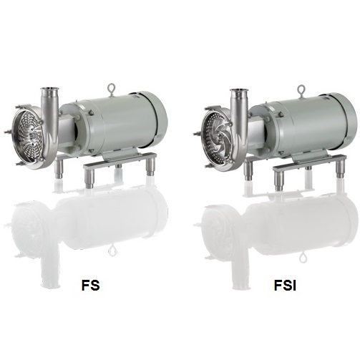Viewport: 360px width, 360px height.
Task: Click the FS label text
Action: (x=90, y=285)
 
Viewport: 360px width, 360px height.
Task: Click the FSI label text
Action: (x=285, y=285)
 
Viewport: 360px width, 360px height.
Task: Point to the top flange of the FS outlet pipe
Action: (x=49, y=89)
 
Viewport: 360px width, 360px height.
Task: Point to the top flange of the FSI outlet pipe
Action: (x=239, y=92)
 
